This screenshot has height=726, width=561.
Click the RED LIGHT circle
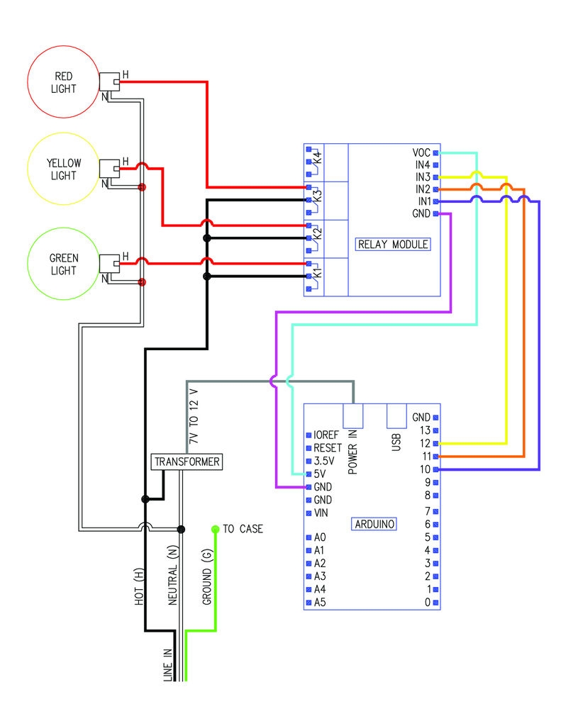click(x=62, y=83)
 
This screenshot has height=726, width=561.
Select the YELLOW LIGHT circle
click(x=62, y=169)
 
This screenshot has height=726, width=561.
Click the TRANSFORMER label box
click(x=187, y=462)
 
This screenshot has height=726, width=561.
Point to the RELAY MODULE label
click(x=393, y=245)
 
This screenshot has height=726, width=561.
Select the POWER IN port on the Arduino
click(x=353, y=417)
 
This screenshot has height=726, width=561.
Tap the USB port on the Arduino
click(x=396, y=417)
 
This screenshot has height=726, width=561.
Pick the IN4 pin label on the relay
click(x=423, y=164)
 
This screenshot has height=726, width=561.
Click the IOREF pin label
click(x=327, y=435)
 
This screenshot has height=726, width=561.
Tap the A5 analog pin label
click(x=319, y=603)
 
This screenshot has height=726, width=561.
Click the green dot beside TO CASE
click(x=215, y=529)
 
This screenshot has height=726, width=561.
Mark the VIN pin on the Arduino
click(x=321, y=513)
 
